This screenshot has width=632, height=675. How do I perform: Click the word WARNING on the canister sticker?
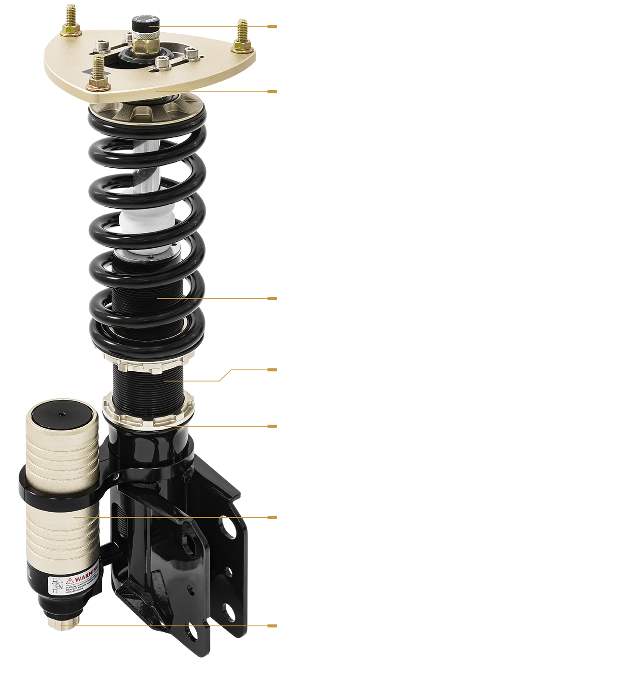[87, 575]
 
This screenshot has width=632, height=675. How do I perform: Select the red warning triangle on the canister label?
[70, 580]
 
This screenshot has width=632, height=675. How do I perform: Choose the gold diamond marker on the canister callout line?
[105, 517]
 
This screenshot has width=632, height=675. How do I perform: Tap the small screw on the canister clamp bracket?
[116, 477]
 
